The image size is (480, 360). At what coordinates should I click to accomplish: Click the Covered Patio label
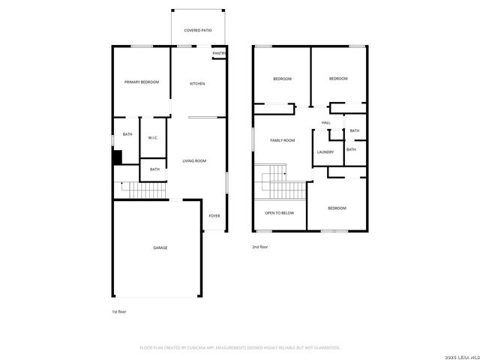pyautogui.click(x=198, y=30)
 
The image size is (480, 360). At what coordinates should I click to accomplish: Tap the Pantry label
pyautogui.click(x=219, y=53)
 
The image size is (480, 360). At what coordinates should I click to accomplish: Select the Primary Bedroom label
pyautogui.click(x=142, y=82)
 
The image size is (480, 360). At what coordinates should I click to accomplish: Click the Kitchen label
pyautogui.click(x=197, y=83)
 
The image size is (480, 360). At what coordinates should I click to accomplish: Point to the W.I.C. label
pyautogui.click(x=152, y=137)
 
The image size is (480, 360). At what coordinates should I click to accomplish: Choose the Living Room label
pyautogui.click(x=194, y=160)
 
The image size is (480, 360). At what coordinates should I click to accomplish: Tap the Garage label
pyautogui.click(x=160, y=247)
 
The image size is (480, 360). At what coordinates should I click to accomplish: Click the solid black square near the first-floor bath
pyautogui.click(x=117, y=157)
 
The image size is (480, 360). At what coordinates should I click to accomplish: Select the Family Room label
pyautogui.click(x=282, y=140)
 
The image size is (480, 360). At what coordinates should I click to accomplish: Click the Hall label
pyautogui.click(x=325, y=123)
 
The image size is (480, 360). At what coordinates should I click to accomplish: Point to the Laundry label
pyautogui.click(x=325, y=152)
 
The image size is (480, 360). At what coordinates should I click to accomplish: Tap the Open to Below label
pyautogui.click(x=279, y=213)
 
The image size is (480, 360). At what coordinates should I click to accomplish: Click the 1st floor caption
pyautogui.click(x=119, y=310)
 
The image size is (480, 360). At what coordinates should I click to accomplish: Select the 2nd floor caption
pyautogui.click(x=259, y=246)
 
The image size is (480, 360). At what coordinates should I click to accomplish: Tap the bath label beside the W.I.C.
pyautogui.click(x=127, y=134)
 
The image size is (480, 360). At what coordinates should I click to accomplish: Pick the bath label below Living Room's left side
pyautogui.click(x=154, y=169)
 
